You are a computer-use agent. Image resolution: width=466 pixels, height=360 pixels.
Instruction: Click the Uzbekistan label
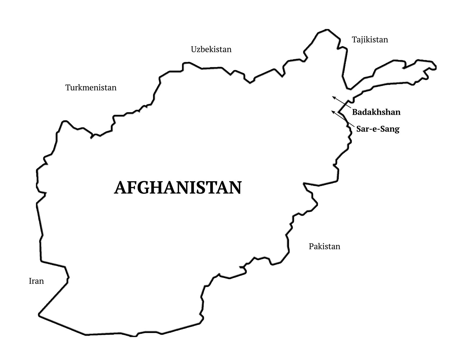(x=211, y=50)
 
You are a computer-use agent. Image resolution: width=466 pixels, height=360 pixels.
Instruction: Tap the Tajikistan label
(x=370, y=40)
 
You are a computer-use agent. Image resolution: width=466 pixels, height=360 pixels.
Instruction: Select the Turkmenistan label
(x=91, y=88)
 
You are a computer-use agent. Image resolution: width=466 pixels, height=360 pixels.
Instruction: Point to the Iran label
(x=36, y=281)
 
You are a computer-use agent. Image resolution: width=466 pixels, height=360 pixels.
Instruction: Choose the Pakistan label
(x=324, y=247)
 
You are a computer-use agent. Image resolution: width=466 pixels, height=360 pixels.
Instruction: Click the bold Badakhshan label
(x=376, y=112)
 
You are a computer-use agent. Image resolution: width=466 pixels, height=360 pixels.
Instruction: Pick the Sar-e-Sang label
(x=378, y=129)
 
